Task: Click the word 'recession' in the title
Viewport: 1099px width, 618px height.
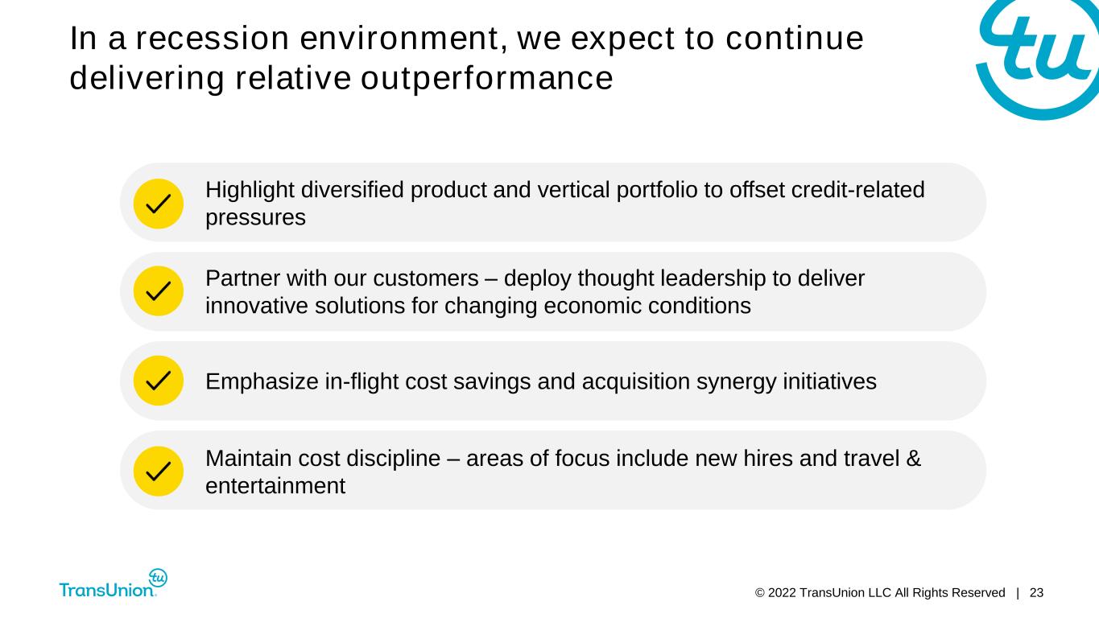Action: pos(213,39)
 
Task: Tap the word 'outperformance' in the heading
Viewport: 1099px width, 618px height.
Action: pos(486,79)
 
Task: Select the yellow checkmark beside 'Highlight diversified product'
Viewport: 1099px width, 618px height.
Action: pos(159,204)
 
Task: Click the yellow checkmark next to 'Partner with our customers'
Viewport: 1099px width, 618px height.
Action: pos(159,290)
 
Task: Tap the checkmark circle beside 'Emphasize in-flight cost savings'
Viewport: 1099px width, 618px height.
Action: pos(159,381)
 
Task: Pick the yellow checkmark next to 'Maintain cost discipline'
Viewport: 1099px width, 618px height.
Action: pos(159,472)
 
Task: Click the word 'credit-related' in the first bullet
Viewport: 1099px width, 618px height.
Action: pos(857,190)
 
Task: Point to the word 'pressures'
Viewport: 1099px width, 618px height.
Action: pos(255,218)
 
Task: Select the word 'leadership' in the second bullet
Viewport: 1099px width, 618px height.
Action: pos(713,278)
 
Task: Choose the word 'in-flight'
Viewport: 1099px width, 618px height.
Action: pos(361,381)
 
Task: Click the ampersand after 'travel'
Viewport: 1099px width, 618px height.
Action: pos(914,459)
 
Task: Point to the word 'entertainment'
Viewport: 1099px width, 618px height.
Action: pos(275,486)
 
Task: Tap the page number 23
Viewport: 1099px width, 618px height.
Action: pos(1036,593)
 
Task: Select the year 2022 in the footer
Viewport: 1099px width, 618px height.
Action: pos(782,593)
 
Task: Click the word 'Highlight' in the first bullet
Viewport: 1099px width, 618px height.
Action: pos(250,190)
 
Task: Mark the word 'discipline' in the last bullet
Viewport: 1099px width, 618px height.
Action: pos(394,459)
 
